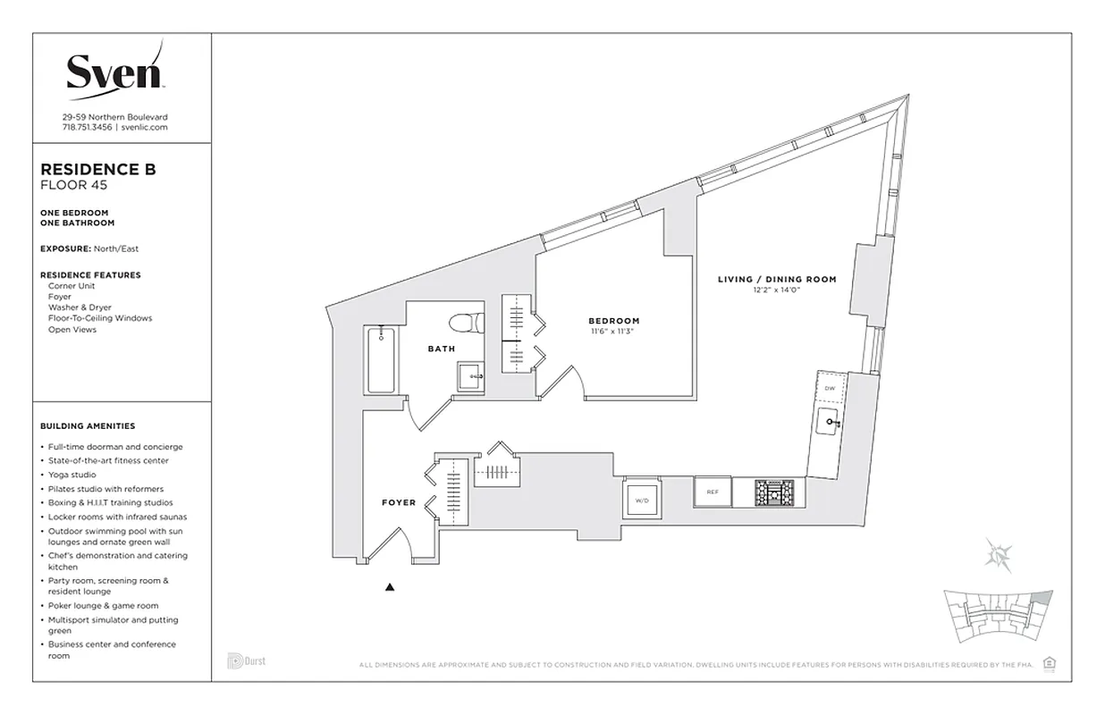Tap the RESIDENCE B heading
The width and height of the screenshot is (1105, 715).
(98, 169)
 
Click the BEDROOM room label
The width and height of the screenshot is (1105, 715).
(613, 321)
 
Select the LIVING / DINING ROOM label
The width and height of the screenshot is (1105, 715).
(777, 279)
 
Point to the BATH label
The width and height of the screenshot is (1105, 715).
(441, 349)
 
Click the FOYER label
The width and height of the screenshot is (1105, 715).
(399, 502)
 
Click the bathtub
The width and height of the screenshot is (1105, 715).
(381, 361)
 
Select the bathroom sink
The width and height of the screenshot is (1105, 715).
(470, 377)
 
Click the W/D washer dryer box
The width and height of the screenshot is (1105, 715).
(642, 500)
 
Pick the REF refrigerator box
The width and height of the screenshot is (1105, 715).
(713, 492)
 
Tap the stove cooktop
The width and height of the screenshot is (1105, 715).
(773, 492)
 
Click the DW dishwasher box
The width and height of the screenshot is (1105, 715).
(830, 388)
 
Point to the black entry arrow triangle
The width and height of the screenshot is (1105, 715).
(390, 587)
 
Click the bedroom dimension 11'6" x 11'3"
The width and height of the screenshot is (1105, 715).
(613, 332)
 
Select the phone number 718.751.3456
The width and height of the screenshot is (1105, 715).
(88, 128)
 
